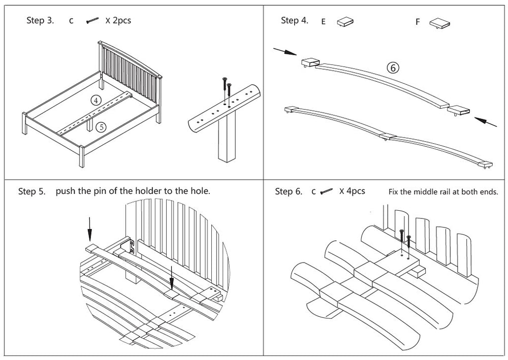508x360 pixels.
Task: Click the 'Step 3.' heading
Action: (x=40, y=21)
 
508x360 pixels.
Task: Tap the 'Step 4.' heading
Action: (x=294, y=21)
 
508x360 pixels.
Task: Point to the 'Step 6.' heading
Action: (x=288, y=191)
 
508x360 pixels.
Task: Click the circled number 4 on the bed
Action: (x=96, y=100)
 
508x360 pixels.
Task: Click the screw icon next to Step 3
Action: (x=92, y=21)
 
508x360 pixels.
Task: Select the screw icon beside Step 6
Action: (x=326, y=191)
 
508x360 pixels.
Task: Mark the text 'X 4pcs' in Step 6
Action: (x=352, y=191)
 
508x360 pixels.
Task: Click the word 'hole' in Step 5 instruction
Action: (x=199, y=191)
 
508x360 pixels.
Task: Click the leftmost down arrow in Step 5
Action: (x=89, y=229)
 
